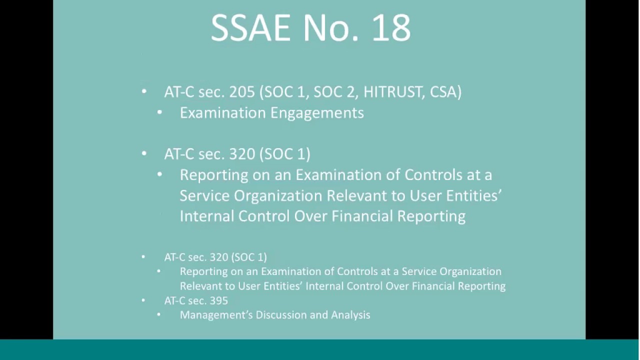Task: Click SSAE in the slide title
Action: [x=250, y=28]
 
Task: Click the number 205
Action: [x=241, y=92]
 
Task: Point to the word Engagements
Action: [x=317, y=113]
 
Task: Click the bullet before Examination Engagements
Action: [x=159, y=112]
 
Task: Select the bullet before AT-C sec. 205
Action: [x=144, y=91]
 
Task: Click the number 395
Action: [x=219, y=300]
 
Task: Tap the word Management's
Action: [x=216, y=315]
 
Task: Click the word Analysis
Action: [x=350, y=315]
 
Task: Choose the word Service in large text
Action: [x=204, y=196]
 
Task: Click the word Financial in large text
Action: [x=362, y=216]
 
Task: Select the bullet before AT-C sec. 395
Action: [x=143, y=300]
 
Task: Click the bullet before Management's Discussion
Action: [x=159, y=314]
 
